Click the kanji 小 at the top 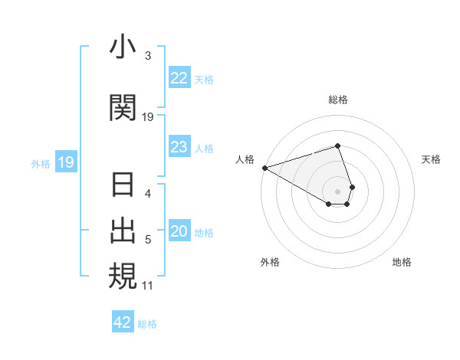click(123, 47)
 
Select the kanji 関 click(123, 107)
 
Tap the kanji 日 click(123, 186)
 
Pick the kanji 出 click(123, 231)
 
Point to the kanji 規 click(123, 276)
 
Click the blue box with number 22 click(179, 78)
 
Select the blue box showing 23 click(179, 147)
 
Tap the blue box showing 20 click(179, 232)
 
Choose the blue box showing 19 click(65, 162)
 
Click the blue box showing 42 click(123, 322)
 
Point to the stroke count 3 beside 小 click(148, 56)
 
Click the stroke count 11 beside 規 click(148, 286)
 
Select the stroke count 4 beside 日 click(148, 195)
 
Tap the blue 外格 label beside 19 click(40, 163)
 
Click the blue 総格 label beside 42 click(147, 323)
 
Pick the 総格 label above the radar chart click(338, 100)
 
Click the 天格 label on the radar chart click(432, 159)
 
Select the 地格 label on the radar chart click(402, 262)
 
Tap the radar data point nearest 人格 click(264, 167)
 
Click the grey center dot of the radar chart click(338, 191)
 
